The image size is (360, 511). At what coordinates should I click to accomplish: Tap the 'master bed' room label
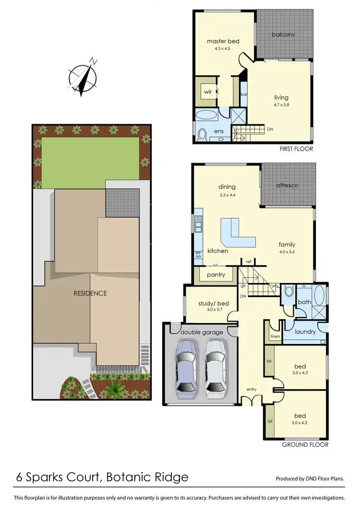223,41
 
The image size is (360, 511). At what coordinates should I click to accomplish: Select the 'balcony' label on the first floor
283,35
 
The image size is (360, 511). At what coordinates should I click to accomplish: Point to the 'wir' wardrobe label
207,91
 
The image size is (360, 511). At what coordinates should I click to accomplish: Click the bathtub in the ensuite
206,116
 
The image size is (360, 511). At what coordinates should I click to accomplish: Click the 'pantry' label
216,275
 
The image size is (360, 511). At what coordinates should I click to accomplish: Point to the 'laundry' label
305,332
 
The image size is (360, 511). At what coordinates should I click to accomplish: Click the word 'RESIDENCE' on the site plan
90,293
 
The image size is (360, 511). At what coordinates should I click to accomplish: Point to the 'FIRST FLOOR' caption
296,149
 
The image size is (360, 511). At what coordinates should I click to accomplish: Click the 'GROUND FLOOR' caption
305,445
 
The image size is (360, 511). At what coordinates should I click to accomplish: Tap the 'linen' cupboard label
275,337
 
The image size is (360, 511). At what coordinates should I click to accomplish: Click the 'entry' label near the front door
252,389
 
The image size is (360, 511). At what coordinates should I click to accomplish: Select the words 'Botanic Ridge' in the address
148,477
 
